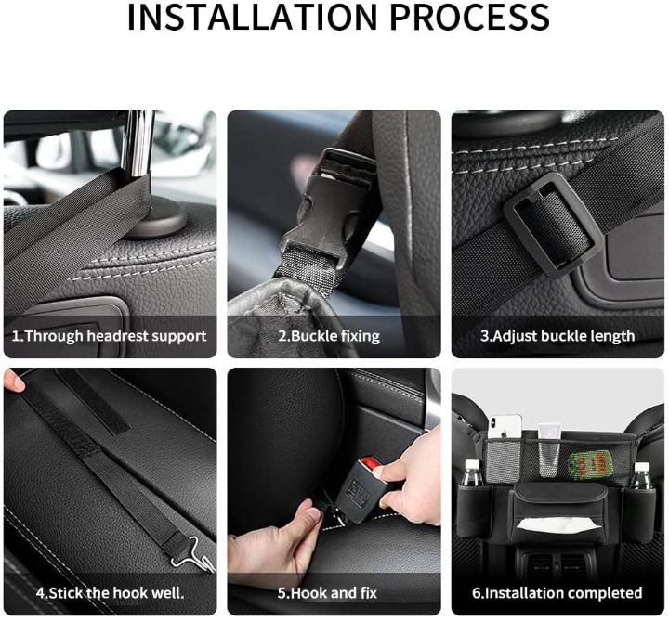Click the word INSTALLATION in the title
point(252,17)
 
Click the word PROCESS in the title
point(469,17)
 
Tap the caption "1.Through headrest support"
point(109,336)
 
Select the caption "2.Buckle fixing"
point(329,336)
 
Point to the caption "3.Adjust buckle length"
point(557,336)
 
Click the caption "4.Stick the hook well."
point(110,593)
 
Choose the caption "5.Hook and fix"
point(327,593)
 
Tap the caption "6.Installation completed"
point(557,593)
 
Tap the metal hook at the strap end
point(194,554)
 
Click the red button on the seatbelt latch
point(371,464)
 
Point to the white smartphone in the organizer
point(505,427)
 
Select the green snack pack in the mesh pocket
point(590,464)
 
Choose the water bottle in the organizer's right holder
point(640,475)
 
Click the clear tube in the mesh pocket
point(549,449)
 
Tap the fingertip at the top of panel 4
point(14,381)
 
